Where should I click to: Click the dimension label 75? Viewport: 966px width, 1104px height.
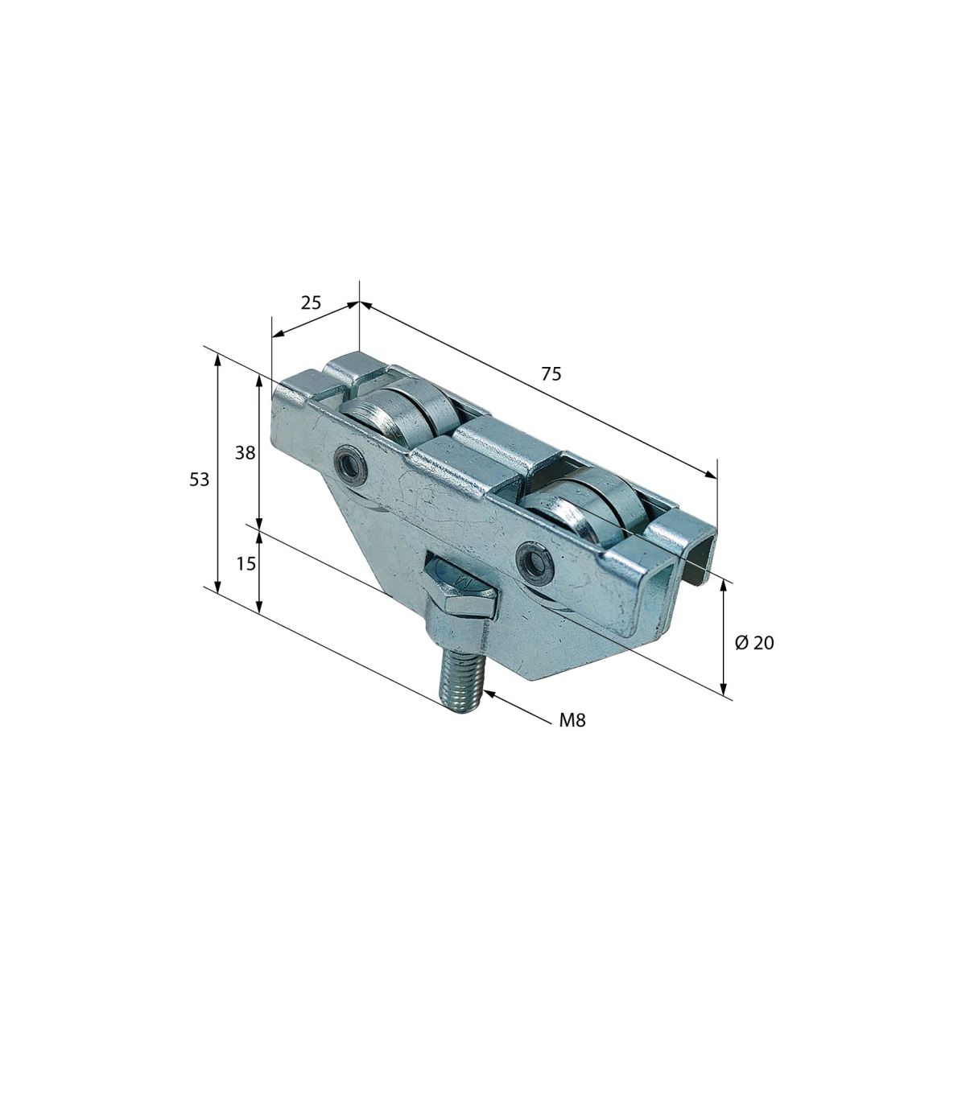pyautogui.click(x=551, y=373)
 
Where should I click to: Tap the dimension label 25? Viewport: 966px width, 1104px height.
pyautogui.click(x=311, y=303)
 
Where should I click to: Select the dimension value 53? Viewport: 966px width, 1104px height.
pyautogui.click(x=199, y=479)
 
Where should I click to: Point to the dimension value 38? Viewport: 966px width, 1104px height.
pyautogui.click(x=245, y=453)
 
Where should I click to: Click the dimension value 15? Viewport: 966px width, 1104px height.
pyautogui.click(x=246, y=564)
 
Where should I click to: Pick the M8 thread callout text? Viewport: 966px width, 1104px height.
pyautogui.click(x=572, y=720)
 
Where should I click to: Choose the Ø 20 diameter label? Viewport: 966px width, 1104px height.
pyautogui.click(x=754, y=643)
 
